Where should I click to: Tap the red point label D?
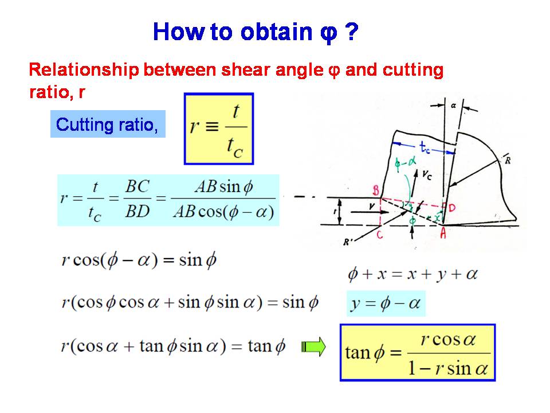pyautogui.click(x=452, y=208)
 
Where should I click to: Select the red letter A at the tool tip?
pyautogui.click(x=443, y=233)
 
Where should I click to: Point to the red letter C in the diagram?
pyautogui.click(x=379, y=234)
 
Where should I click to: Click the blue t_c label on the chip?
pyautogui.click(x=425, y=147)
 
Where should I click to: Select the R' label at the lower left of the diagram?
pyautogui.click(x=348, y=242)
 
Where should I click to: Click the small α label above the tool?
pyautogui.click(x=454, y=105)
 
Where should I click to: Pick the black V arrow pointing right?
pyautogui.click(x=370, y=212)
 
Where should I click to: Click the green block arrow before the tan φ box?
pyautogui.click(x=313, y=347)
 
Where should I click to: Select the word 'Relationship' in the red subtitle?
pyautogui.click(x=84, y=70)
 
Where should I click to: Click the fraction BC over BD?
pyautogui.click(x=137, y=199)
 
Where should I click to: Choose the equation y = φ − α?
pyautogui.click(x=386, y=303)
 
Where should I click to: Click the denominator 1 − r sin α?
pyautogui.click(x=448, y=368)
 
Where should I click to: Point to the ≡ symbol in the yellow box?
pyautogui.click(x=212, y=126)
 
